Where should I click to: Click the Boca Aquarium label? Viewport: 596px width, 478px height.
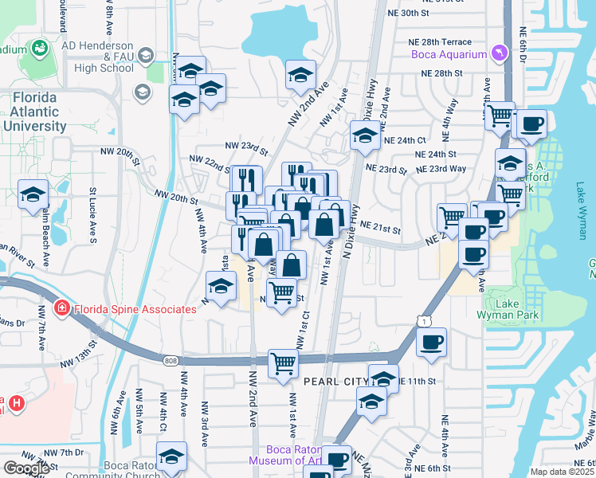coord(449,54)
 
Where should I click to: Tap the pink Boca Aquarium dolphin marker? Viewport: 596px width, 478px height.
coord(499,53)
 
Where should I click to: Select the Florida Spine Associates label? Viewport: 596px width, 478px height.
coord(135,309)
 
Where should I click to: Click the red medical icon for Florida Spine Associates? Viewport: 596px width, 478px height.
coord(61,308)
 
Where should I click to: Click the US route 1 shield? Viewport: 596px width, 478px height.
coord(421,319)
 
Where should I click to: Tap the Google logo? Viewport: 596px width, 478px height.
coord(27,468)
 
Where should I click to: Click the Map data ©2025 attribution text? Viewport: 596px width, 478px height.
coord(563,472)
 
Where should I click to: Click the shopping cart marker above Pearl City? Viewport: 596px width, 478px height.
coord(283,362)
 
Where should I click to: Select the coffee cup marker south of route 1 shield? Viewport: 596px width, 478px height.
coord(432,342)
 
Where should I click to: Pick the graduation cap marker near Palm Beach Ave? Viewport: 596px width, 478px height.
coord(34,194)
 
